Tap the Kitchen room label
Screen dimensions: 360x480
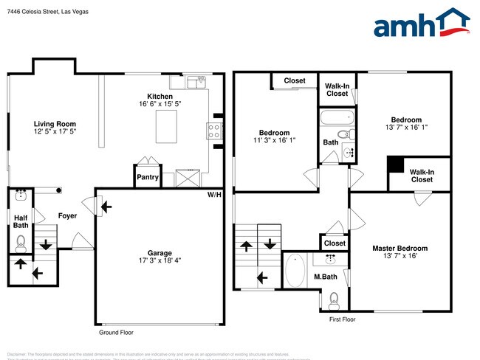pyautogui.click(x=160, y=97)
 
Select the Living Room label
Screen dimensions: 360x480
pyautogui.click(x=55, y=124)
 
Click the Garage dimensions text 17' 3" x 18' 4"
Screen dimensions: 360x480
pyautogui.click(x=160, y=260)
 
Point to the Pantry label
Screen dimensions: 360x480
pyautogui.click(x=146, y=177)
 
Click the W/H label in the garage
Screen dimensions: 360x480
pyautogui.click(x=214, y=195)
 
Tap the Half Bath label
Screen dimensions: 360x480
pyautogui.click(x=21, y=221)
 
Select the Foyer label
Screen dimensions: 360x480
pyautogui.click(x=68, y=215)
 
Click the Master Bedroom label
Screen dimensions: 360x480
pyautogui.click(x=400, y=249)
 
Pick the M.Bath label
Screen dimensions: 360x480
pyautogui.click(x=325, y=277)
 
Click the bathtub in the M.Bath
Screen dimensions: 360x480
pyautogui.click(x=294, y=271)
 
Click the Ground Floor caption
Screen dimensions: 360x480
pyautogui.click(x=117, y=333)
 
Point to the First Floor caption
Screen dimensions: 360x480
pyautogui.click(x=343, y=319)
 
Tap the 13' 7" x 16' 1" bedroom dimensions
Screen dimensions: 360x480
pyautogui.click(x=405, y=128)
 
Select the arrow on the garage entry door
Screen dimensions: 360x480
pyautogui.click(x=107, y=207)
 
